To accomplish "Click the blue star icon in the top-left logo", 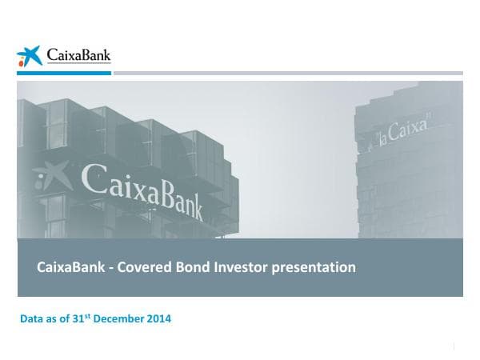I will click(x=29, y=56).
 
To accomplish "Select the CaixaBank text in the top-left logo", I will click(x=78, y=55).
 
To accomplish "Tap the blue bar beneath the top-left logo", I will click(x=64, y=73).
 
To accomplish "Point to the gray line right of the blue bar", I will click(x=288, y=73).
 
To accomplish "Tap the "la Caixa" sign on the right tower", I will click(x=403, y=134).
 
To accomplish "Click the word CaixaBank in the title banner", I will click(x=70, y=267).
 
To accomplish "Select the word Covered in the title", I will click(x=144, y=267).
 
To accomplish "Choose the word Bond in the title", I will click(x=192, y=267).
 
